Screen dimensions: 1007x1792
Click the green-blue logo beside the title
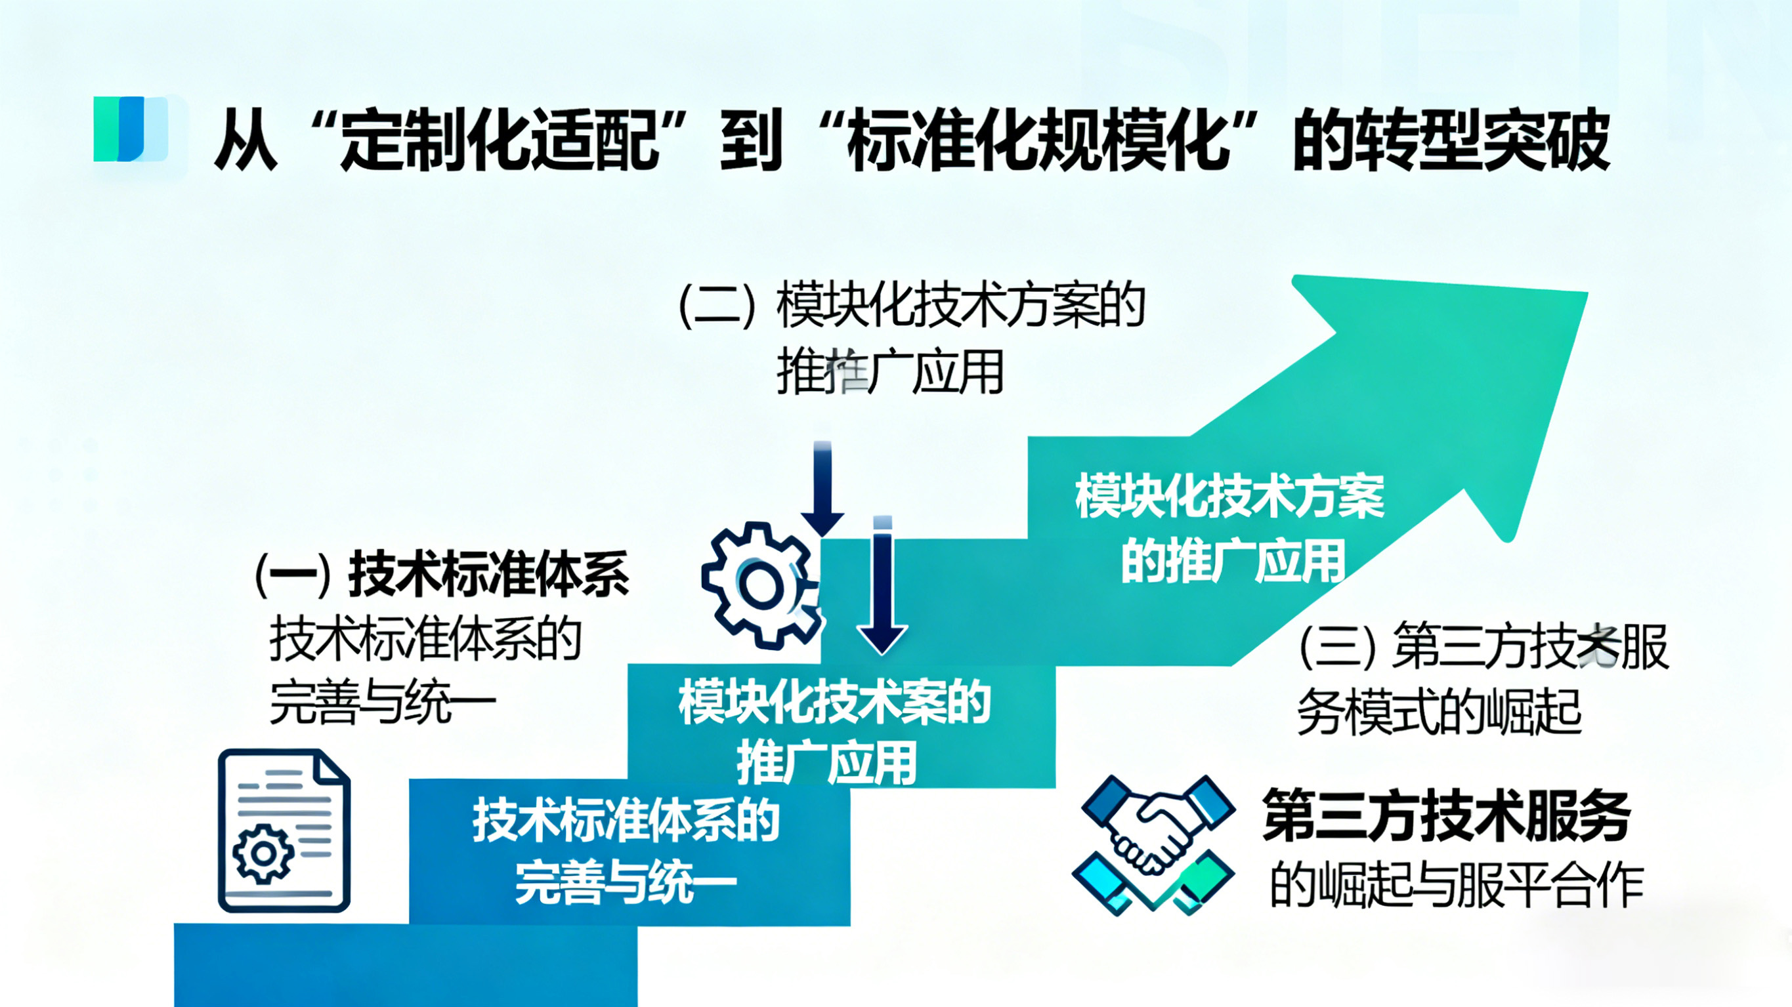coord(131,129)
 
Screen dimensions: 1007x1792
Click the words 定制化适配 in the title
coord(500,139)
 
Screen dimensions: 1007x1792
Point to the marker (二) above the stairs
coord(717,306)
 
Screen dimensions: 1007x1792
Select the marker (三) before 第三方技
coord(1336,647)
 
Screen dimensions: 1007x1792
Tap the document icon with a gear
coord(284,831)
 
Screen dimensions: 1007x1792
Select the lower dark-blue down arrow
coord(882,588)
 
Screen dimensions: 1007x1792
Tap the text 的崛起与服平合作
coord(1457,886)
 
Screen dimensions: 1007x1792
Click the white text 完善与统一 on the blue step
coord(625,883)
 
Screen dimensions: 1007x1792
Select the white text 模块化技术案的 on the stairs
coord(834,704)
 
